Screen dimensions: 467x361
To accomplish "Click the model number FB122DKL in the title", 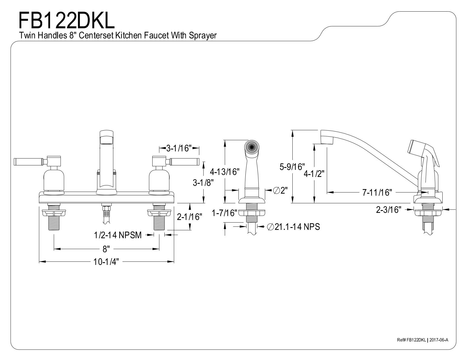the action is (x=67, y=21).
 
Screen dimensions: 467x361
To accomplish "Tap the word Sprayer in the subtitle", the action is (x=203, y=36).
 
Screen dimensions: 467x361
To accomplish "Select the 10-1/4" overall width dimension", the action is (x=106, y=262).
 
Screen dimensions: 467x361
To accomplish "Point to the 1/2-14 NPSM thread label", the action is (x=117, y=235).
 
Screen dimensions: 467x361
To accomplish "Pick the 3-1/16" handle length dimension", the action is (x=179, y=148).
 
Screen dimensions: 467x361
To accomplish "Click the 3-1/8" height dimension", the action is (x=203, y=183).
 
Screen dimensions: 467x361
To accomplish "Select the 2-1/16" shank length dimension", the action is (x=190, y=217).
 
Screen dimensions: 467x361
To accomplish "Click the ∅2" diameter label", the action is (x=280, y=190).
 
